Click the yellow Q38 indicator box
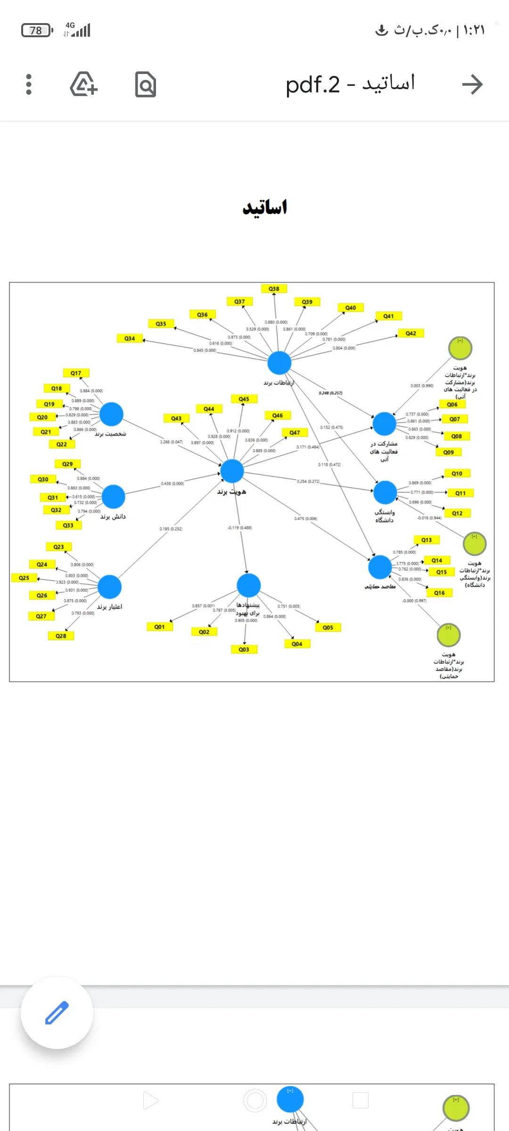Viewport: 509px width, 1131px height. (274, 288)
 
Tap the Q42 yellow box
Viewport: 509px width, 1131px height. (411, 333)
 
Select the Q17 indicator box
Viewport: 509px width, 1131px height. (76, 373)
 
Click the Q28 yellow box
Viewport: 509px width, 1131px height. (61, 636)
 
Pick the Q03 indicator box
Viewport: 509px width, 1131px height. (244, 649)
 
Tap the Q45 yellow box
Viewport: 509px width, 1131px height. (244, 399)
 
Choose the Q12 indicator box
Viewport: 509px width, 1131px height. (457, 513)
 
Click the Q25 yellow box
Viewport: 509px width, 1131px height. (24, 578)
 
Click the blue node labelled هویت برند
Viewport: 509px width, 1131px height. (232, 471)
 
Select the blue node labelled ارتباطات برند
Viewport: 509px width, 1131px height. (279, 363)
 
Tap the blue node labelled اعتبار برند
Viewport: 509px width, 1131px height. (110, 587)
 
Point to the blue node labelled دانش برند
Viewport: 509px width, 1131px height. (113, 497)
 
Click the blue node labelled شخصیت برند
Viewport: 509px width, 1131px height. (111, 414)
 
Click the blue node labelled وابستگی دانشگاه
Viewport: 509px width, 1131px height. (385, 492)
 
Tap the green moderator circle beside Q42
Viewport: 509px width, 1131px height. (460, 348)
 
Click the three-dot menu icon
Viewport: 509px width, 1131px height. (29, 84)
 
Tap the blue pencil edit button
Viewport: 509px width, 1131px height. (57, 1012)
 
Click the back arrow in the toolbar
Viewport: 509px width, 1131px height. (472, 84)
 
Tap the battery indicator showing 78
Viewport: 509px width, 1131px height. (36, 31)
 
